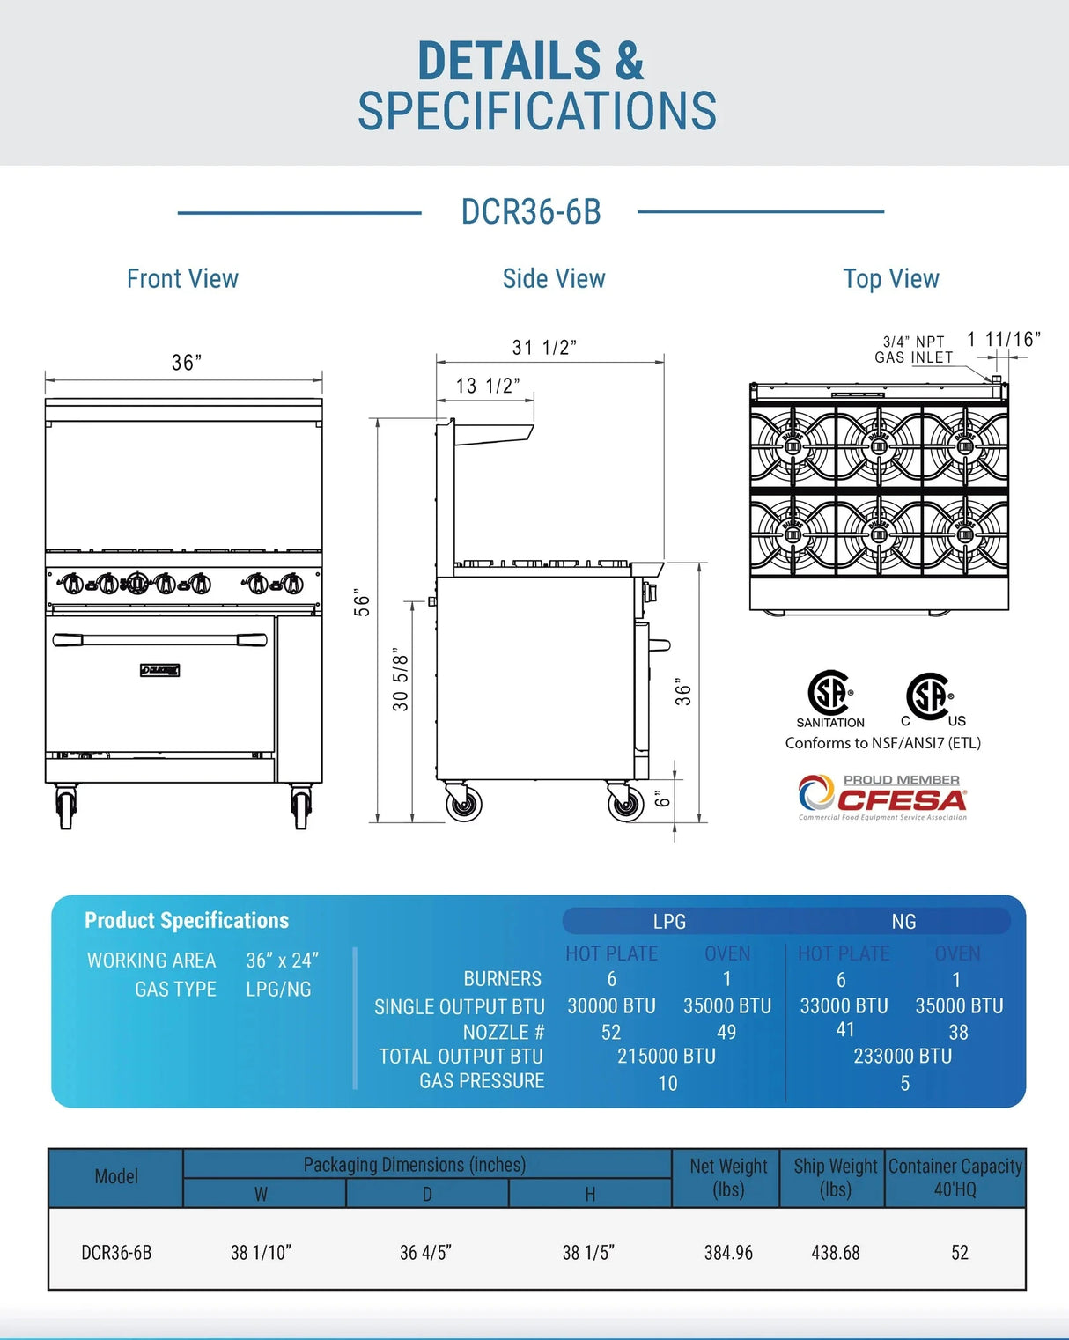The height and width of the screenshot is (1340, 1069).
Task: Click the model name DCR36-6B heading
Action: [x=531, y=212]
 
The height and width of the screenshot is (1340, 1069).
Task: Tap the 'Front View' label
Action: [x=182, y=279]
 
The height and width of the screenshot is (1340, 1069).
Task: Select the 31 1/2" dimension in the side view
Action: [x=544, y=347]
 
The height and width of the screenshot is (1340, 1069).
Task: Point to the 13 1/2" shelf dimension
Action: [x=487, y=386]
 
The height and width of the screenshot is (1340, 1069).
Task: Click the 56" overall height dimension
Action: [x=362, y=602]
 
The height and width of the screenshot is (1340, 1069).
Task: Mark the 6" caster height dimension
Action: [x=662, y=798]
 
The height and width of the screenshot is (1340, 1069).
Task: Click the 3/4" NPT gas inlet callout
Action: [x=913, y=350]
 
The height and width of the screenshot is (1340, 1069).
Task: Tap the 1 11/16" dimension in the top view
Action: [x=1003, y=339]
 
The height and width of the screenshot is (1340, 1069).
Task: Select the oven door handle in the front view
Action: [x=159, y=640]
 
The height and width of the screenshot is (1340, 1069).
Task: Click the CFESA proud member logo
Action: [x=882, y=798]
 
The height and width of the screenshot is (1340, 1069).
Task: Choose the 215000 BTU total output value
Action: [x=666, y=1056]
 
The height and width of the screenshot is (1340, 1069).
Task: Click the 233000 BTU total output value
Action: [x=903, y=1056]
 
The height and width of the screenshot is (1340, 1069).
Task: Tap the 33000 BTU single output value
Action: [x=844, y=1005]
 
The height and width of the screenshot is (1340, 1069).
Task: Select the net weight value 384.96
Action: [x=728, y=1252]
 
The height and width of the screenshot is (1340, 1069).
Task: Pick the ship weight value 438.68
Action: [x=835, y=1252]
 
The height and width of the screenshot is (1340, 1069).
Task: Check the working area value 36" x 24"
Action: [x=282, y=960]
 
